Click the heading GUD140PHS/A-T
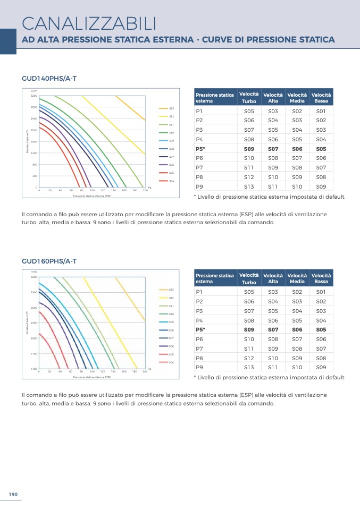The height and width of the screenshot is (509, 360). [x=49, y=78]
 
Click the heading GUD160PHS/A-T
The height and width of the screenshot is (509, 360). [x=49, y=261]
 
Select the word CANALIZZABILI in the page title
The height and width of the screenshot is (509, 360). [x=89, y=23]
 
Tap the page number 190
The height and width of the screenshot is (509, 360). [x=13, y=494]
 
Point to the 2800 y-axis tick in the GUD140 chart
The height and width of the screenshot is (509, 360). [x=34, y=107]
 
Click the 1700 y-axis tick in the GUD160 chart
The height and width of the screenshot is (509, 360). [x=34, y=353]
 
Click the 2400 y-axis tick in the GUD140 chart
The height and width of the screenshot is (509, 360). [x=34, y=118]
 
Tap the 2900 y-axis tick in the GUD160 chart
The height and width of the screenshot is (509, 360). [x=34, y=292]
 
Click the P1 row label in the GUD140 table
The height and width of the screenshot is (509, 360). [x=199, y=111]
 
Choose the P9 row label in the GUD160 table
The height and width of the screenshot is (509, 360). [x=199, y=367]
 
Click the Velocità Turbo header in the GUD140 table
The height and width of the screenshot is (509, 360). [x=249, y=97]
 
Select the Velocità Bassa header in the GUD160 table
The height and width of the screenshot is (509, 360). [x=321, y=278]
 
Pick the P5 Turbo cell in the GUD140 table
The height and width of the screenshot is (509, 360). [x=249, y=149]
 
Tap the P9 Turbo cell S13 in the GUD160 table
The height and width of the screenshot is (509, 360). [x=249, y=367]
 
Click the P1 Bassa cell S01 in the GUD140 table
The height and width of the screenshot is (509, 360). [x=321, y=111]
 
